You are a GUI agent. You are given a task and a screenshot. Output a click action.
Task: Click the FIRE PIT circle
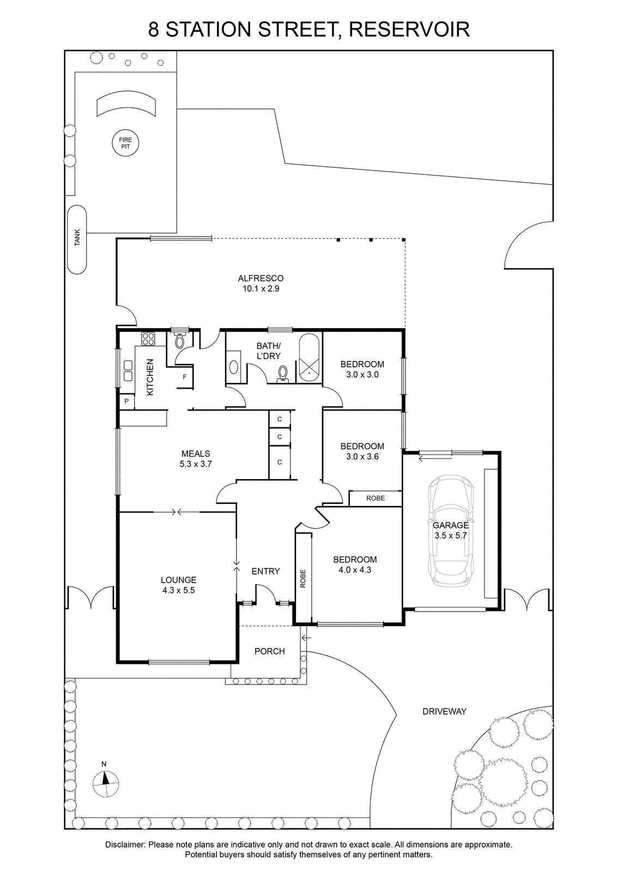click(x=125, y=143)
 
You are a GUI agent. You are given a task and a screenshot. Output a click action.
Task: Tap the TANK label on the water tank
click(x=77, y=237)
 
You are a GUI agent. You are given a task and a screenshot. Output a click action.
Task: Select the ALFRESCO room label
click(x=261, y=278)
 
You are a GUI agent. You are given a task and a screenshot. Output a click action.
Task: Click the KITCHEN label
click(x=150, y=377)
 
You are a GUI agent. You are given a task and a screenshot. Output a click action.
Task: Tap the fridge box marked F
click(x=185, y=377)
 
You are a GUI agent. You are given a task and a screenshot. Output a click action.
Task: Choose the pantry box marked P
click(x=126, y=401)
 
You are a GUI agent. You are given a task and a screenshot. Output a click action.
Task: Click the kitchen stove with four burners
click(x=148, y=338)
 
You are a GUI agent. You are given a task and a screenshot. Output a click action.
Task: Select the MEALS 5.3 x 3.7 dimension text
click(x=196, y=464)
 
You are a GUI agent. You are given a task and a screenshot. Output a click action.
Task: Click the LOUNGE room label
click(x=179, y=580)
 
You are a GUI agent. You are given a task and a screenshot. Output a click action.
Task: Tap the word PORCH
click(x=270, y=651)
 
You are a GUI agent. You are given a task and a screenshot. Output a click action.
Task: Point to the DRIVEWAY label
click(x=444, y=712)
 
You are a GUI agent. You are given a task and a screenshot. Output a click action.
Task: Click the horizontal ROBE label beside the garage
click(x=376, y=498)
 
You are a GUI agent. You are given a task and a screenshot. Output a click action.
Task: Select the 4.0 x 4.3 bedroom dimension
click(x=355, y=570)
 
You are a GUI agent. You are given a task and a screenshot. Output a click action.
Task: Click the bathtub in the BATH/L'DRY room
click(x=310, y=358)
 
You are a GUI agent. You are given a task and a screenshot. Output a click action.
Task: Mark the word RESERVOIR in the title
click(x=409, y=29)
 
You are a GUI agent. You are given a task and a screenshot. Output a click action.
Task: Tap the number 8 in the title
click(x=154, y=29)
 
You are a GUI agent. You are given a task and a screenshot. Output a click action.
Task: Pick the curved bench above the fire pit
click(x=126, y=103)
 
